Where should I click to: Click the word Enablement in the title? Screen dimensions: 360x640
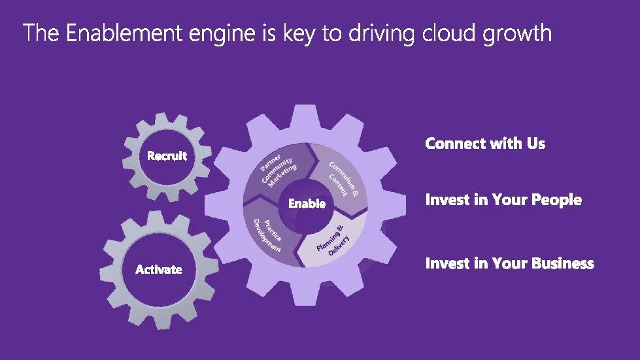click(x=124, y=33)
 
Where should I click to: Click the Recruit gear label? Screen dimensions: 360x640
click(x=167, y=156)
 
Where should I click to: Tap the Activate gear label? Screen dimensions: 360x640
click(x=159, y=269)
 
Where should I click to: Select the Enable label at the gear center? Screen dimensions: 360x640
click(x=307, y=204)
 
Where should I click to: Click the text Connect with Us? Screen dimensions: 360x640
click(x=485, y=144)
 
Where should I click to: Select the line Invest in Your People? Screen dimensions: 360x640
click(x=503, y=200)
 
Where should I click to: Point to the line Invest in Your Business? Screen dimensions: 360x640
click(x=509, y=263)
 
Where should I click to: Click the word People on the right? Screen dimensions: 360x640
click(x=556, y=200)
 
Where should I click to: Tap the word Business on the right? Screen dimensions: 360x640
click(x=563, y=263)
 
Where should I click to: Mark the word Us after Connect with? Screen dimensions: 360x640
click(x=536, y=144)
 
